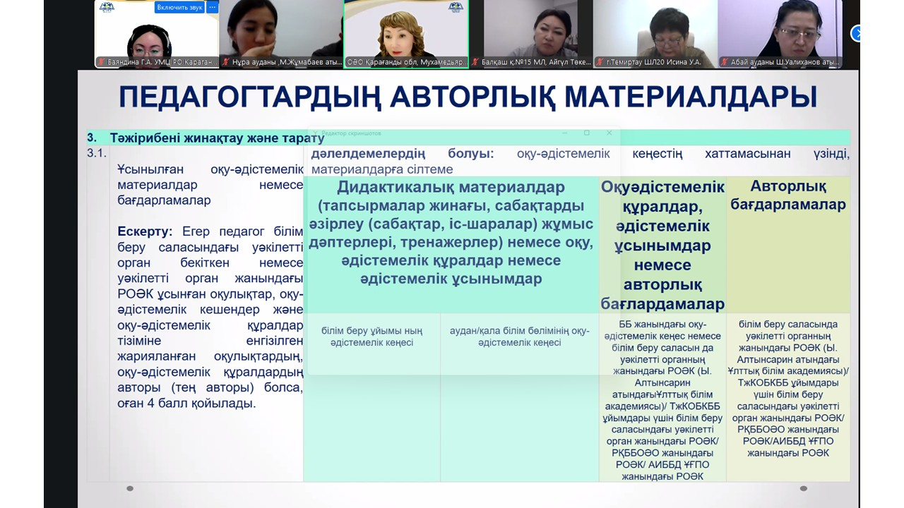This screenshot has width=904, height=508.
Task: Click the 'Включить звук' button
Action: pyautogui.click(x=179, y=7)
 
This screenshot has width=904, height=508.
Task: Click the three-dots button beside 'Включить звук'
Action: pyautogui.click(x=212, y=7)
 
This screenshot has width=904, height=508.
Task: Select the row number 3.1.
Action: pyautogui.click(x=97, y=153)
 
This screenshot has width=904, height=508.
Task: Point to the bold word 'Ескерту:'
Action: pyautogui.click(x=145, y=231)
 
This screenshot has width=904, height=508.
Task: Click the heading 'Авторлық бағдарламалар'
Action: pyautogui.click(x=787, y=195)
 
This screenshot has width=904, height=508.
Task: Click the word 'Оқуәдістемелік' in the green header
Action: pyautogui.click(x=662, y=187)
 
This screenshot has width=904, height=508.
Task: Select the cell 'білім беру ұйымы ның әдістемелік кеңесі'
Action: pyautogui.click(x=372, y=337)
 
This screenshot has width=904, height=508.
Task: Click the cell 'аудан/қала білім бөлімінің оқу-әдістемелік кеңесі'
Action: pyautogui.click(x=519, y=337)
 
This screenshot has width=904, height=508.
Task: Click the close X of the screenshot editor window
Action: pyautogui.click(x=609, y=133)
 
